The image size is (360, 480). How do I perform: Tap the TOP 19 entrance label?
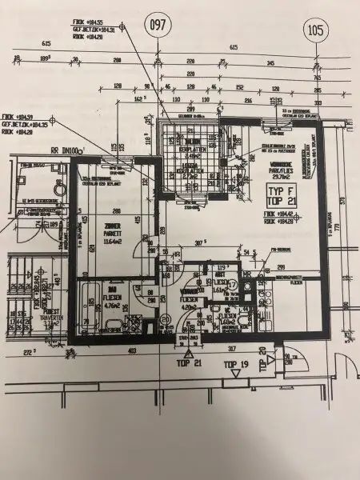[237, 365]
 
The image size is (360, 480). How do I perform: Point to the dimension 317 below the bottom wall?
[230, 349]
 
